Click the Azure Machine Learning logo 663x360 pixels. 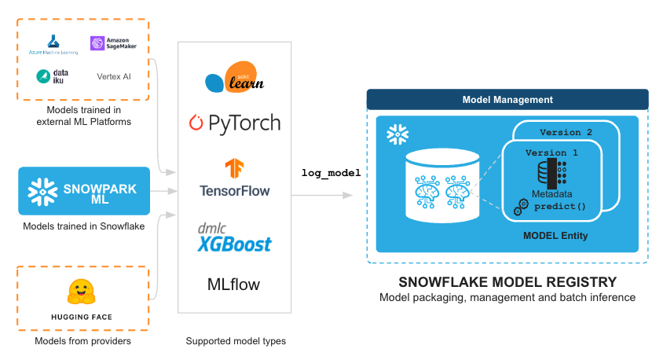[53, 45]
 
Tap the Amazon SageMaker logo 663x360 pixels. [113, 43]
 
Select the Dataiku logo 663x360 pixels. [53, 76]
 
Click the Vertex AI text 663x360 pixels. [114, 76]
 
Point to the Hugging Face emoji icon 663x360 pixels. [82, 292]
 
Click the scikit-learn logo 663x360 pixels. [234, 77]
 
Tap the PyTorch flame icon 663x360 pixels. [196, 123]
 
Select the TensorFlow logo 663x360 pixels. [235, 178]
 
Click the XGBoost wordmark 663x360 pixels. [235, 244]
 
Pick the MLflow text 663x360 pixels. [233, 285]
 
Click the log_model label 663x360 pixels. [331, 173]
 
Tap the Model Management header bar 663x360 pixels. [507, 100]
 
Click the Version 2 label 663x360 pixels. [566, 132]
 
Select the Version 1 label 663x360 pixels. [551, 152]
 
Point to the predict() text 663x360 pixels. [560, 207]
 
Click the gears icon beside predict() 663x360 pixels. [521, 208]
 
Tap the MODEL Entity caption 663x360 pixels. [555, 236]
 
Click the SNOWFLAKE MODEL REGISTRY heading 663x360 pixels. [507, 281]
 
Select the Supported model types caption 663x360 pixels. [236, 341]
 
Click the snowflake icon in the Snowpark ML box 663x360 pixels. [42, 192]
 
